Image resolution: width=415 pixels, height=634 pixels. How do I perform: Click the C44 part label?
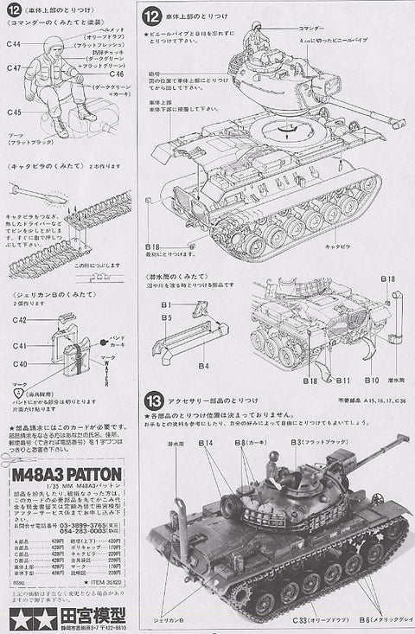(x=14, y=42)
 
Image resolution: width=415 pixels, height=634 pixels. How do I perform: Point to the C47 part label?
(x=14, y=67)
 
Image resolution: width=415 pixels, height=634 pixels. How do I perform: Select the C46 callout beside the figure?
(x=118, y=74)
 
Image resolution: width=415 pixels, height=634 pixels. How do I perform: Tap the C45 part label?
(x=14, y=112)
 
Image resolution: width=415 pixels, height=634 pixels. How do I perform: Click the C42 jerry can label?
(x=19, y=320)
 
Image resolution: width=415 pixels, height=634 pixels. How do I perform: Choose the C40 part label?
(x=19, y=364)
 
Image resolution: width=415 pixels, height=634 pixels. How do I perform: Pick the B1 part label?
(x=165, y=304)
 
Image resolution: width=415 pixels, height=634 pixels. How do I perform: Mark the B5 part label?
(x=165, y=317)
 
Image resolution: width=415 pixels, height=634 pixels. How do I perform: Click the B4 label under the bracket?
(x=203, y=366)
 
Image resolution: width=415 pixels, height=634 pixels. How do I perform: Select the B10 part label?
(x=372, y=380)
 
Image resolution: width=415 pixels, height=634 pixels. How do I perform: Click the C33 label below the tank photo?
(x=301, y=621)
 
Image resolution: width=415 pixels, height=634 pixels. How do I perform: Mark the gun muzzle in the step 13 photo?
(x=403, y=439)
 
